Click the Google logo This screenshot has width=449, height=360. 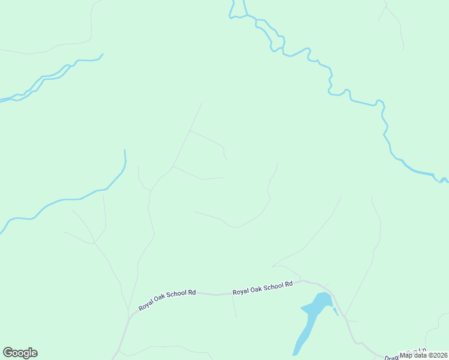pos(20,353)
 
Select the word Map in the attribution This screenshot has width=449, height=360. pos(406,355)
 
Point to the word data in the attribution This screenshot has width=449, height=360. pos(418,355)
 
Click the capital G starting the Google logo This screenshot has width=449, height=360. pos(8,353)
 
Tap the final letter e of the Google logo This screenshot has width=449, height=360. pos(34,353)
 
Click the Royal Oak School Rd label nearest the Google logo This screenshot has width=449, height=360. pos(167,299)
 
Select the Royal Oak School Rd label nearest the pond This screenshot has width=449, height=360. pos(262,287)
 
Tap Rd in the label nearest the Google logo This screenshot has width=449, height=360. pos(191,293)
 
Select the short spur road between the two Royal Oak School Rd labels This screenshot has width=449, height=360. pos(234,307)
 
